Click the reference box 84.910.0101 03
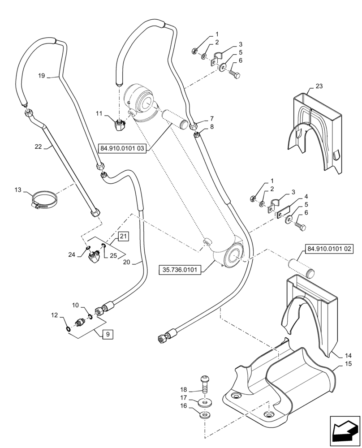point(123,148)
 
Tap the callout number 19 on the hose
point(41,76)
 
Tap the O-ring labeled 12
point(67,330)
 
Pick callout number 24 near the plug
point(71,254)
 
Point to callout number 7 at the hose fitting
point(211,119)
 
